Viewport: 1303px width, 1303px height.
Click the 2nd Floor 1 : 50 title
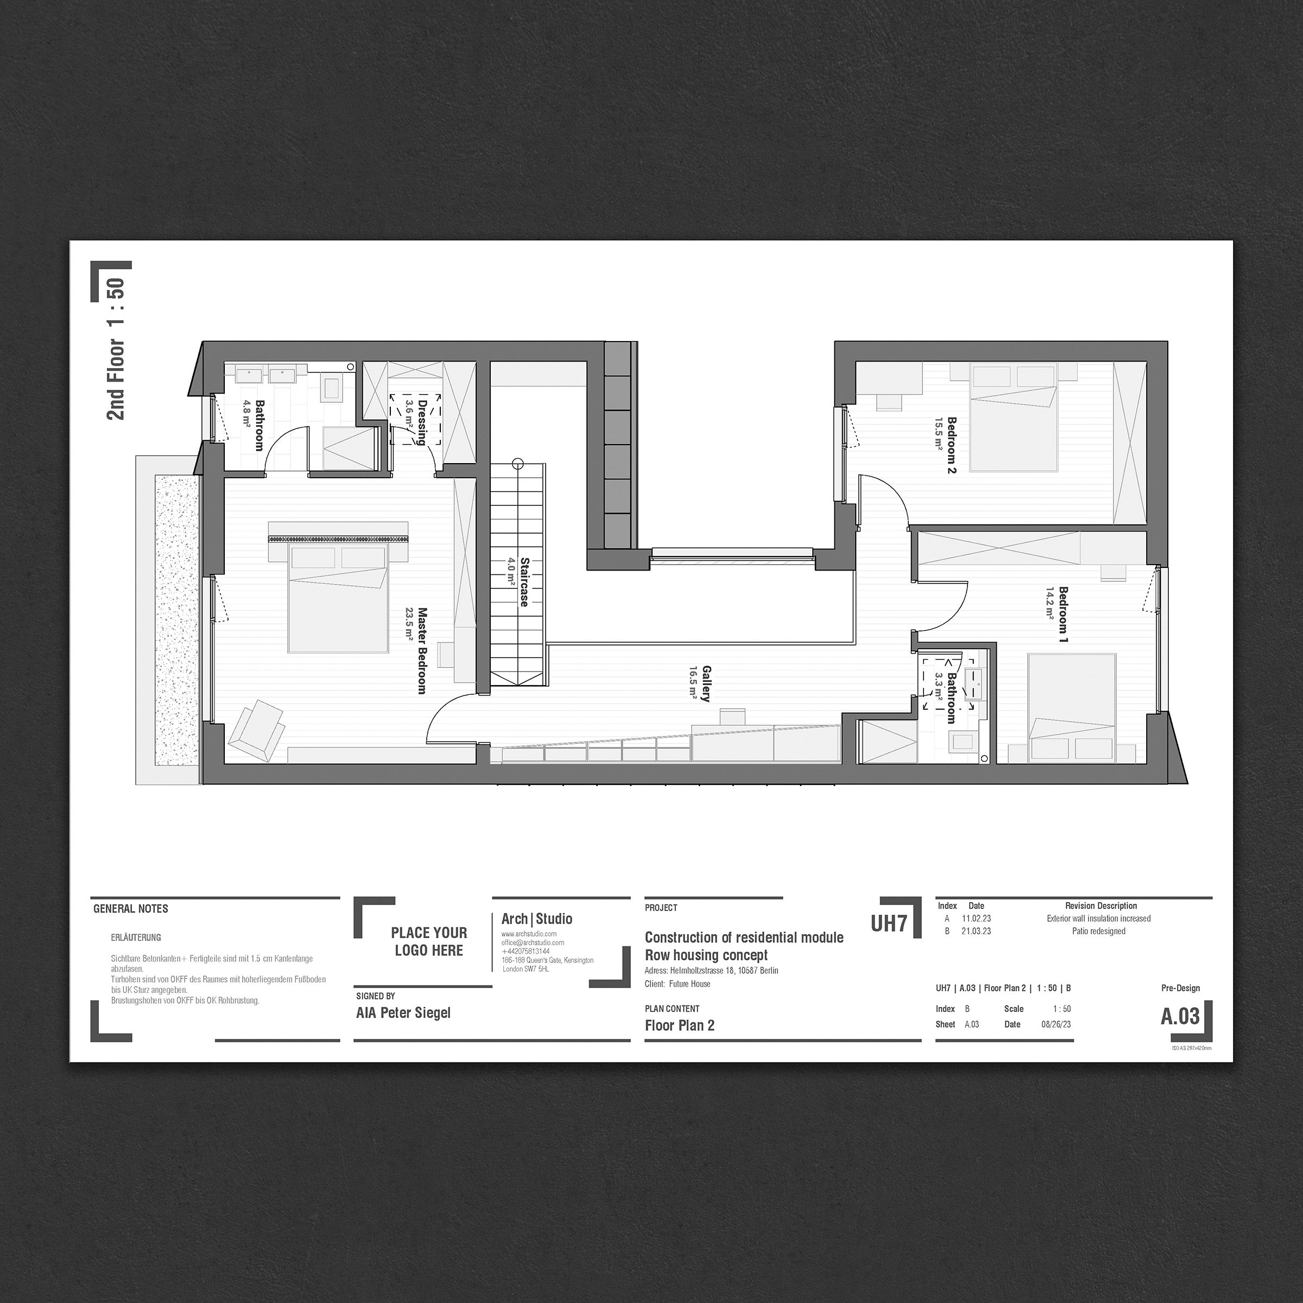116,349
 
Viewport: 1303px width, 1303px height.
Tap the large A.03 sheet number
1180,1016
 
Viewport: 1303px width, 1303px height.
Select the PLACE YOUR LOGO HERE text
429,941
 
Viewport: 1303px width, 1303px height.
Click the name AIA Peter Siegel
403,1013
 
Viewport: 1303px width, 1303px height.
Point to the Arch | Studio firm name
537,919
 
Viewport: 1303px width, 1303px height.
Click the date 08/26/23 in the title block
1056,1024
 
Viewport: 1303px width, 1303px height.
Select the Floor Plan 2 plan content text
679,1026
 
